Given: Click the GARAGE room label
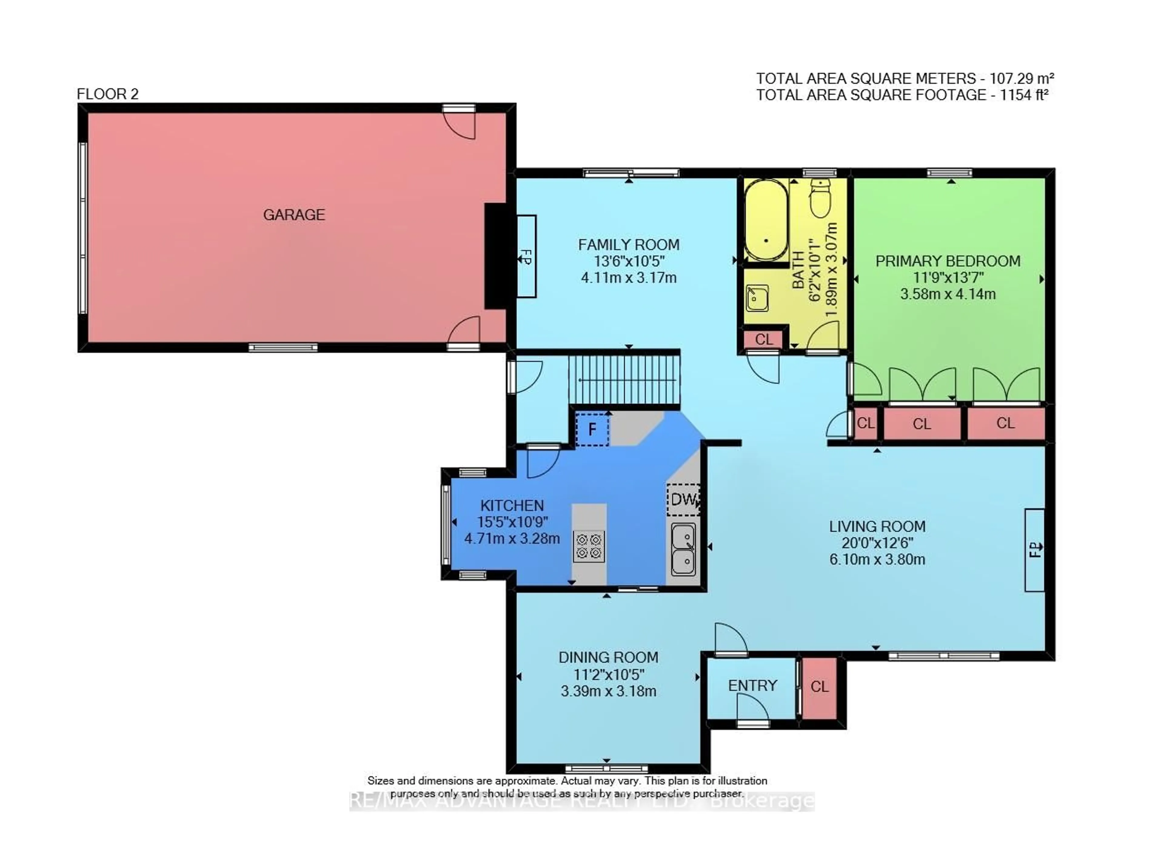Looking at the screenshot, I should click(x=294, y=215).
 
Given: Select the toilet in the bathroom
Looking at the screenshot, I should click(x=821, y=199).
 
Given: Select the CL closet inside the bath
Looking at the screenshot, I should click(x=763, y=339).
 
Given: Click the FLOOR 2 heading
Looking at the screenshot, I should click(x=107, y=94).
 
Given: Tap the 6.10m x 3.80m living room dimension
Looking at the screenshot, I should click(x=877, y=559).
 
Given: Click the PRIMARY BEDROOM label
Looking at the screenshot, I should click(x=948, y=261).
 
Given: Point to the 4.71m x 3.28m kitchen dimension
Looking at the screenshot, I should click(x=512, y=539).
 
